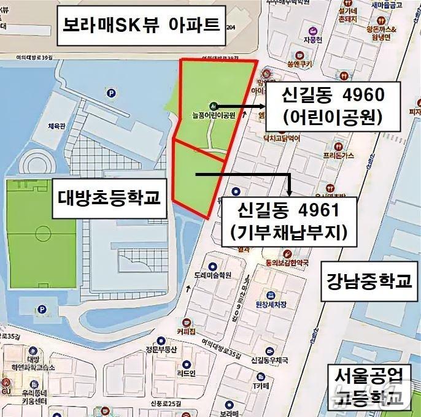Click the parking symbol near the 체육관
click(111, 94)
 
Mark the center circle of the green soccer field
click(43, 234)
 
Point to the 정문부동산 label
click(161, 350)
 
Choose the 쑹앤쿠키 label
click(295, 63)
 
